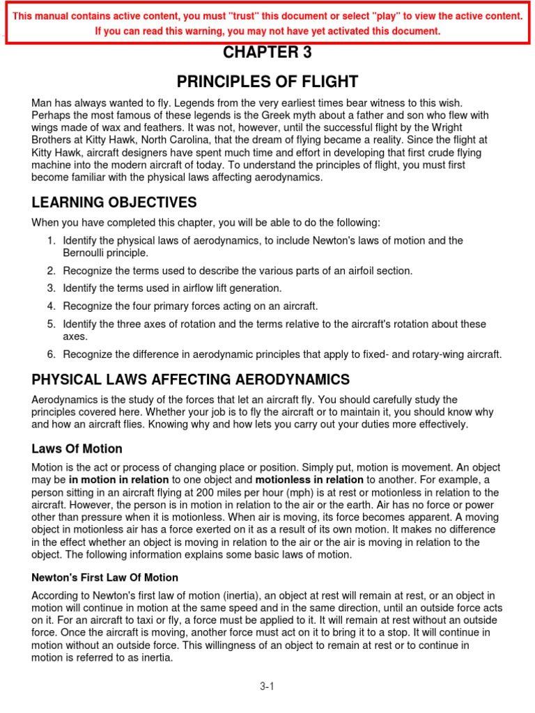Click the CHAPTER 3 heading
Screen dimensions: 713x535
click(x=267, y=53)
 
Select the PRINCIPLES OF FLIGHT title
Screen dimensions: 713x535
click(x=267, y=81)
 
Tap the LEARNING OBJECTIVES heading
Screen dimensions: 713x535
click(x=114, y=203)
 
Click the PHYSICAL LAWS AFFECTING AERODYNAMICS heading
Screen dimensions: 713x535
click(x=191, y=379)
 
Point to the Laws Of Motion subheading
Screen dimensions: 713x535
click(x=77, y=448)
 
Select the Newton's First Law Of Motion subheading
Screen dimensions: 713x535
click(x=105, y=578)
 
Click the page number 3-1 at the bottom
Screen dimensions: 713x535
click(x=267, y=686)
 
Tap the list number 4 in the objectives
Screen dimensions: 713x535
click(x=51, y=306)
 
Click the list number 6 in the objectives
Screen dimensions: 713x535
click(x=51, y=354)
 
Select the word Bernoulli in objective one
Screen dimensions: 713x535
click(x=87, y=253)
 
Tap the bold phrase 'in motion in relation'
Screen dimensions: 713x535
click(x=118, y=480)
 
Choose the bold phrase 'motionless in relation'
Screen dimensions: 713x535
click(x=309, y=480)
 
